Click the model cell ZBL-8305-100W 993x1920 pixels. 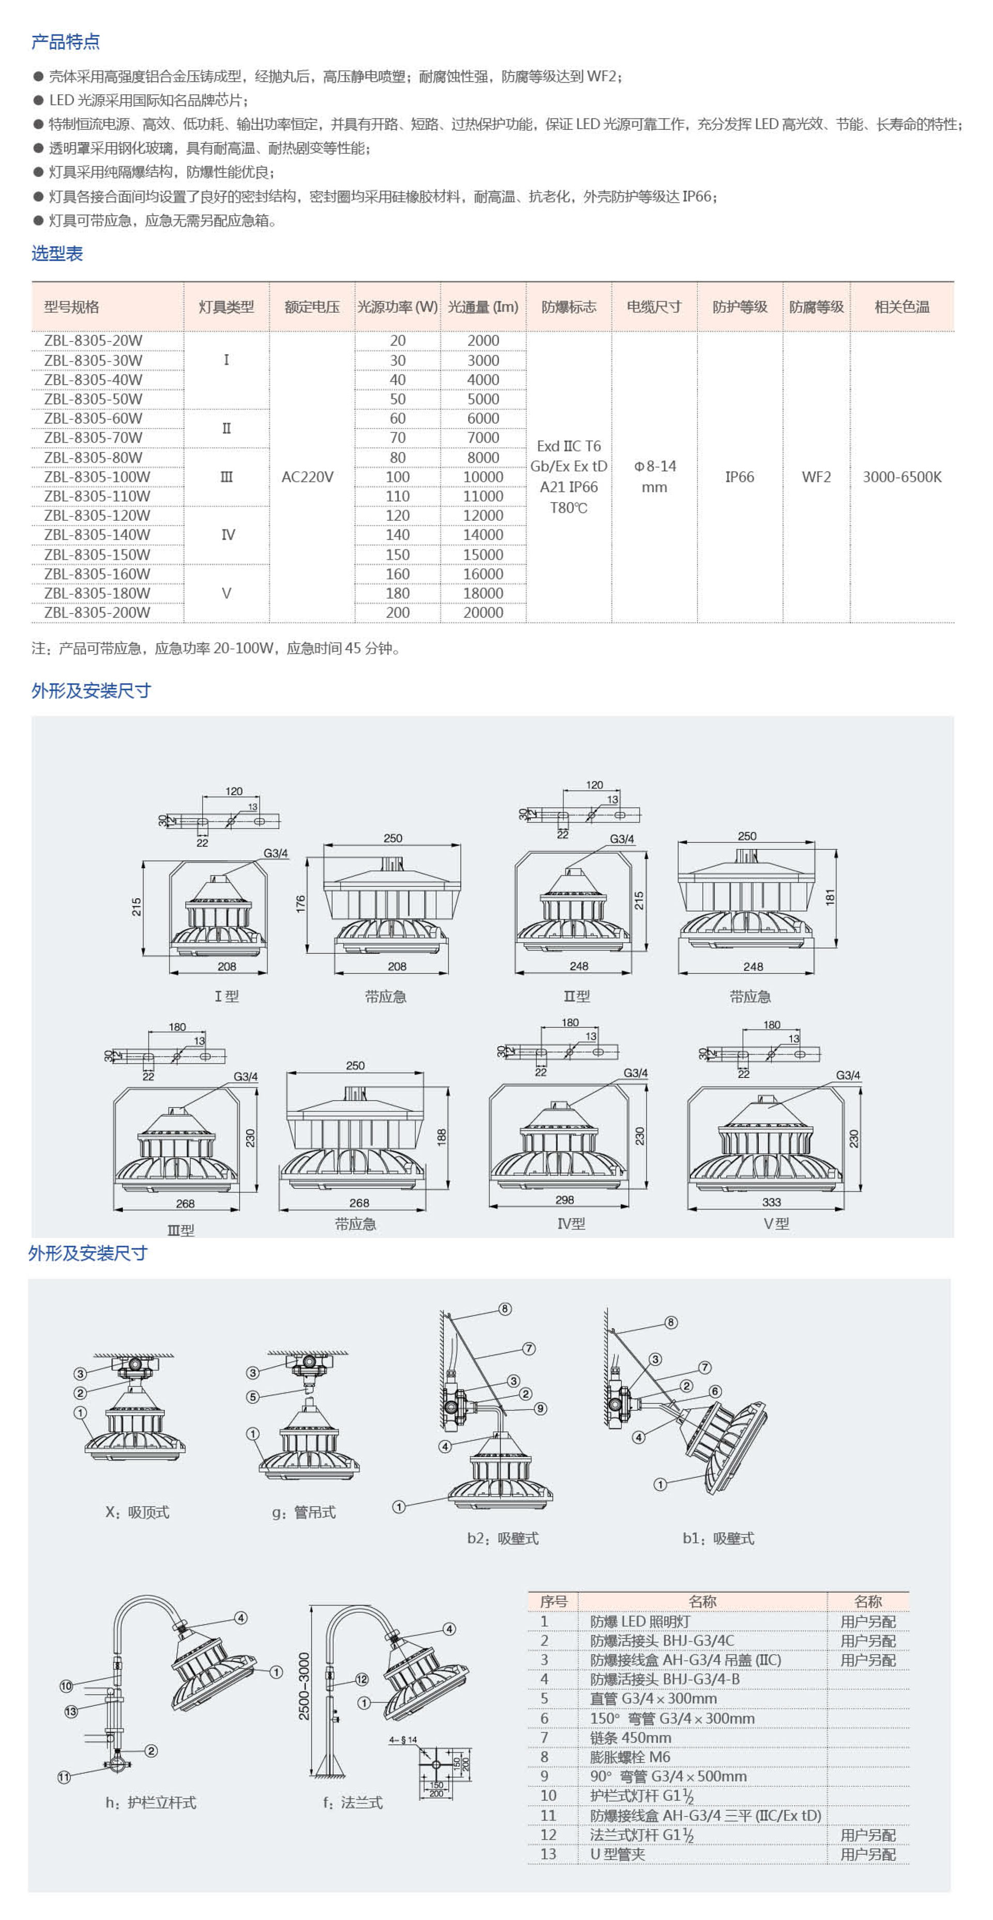(97, 477)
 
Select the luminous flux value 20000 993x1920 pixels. (483, 613)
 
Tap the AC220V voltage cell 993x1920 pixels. (307, 477)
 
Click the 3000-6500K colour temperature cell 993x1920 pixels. (902, 477)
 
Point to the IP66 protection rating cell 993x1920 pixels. (740, 477)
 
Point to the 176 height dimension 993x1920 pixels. (300, 904)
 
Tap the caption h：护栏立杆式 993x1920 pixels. (151, 1802)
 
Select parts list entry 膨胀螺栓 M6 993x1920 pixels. (630, 1757)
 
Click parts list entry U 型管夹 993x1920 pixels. (618, 1854)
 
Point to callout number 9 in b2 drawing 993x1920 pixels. (540, 1409)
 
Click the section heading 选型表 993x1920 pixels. (57, 253)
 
